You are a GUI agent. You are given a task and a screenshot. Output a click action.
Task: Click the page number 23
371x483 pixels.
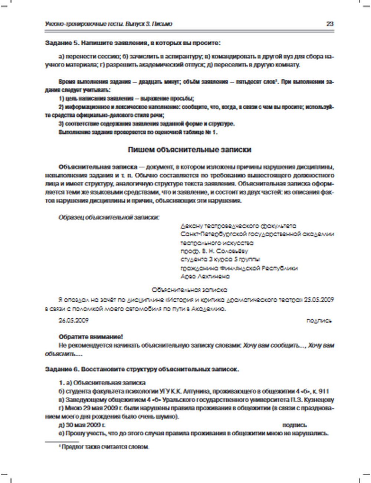click(x=330, y=24)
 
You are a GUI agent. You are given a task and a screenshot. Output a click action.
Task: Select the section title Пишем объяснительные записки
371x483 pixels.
click(x=189, y=150)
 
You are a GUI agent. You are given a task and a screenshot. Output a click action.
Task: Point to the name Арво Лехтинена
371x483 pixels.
click(x=205, y=276)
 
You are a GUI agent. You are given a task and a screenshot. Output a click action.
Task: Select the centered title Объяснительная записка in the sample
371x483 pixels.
click(x=190, y=289)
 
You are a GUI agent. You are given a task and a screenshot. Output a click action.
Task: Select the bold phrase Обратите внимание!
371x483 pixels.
click(x=91, y=337)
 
